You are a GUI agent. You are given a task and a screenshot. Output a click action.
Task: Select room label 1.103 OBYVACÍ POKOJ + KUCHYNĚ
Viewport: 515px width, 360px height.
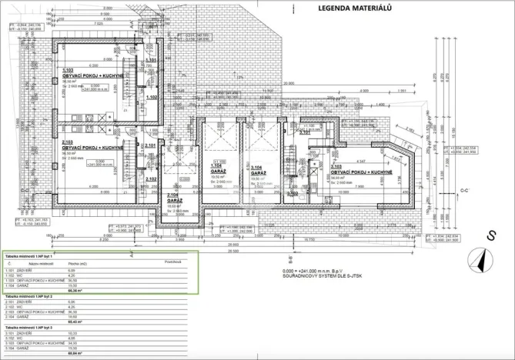click(x=92, y=75)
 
